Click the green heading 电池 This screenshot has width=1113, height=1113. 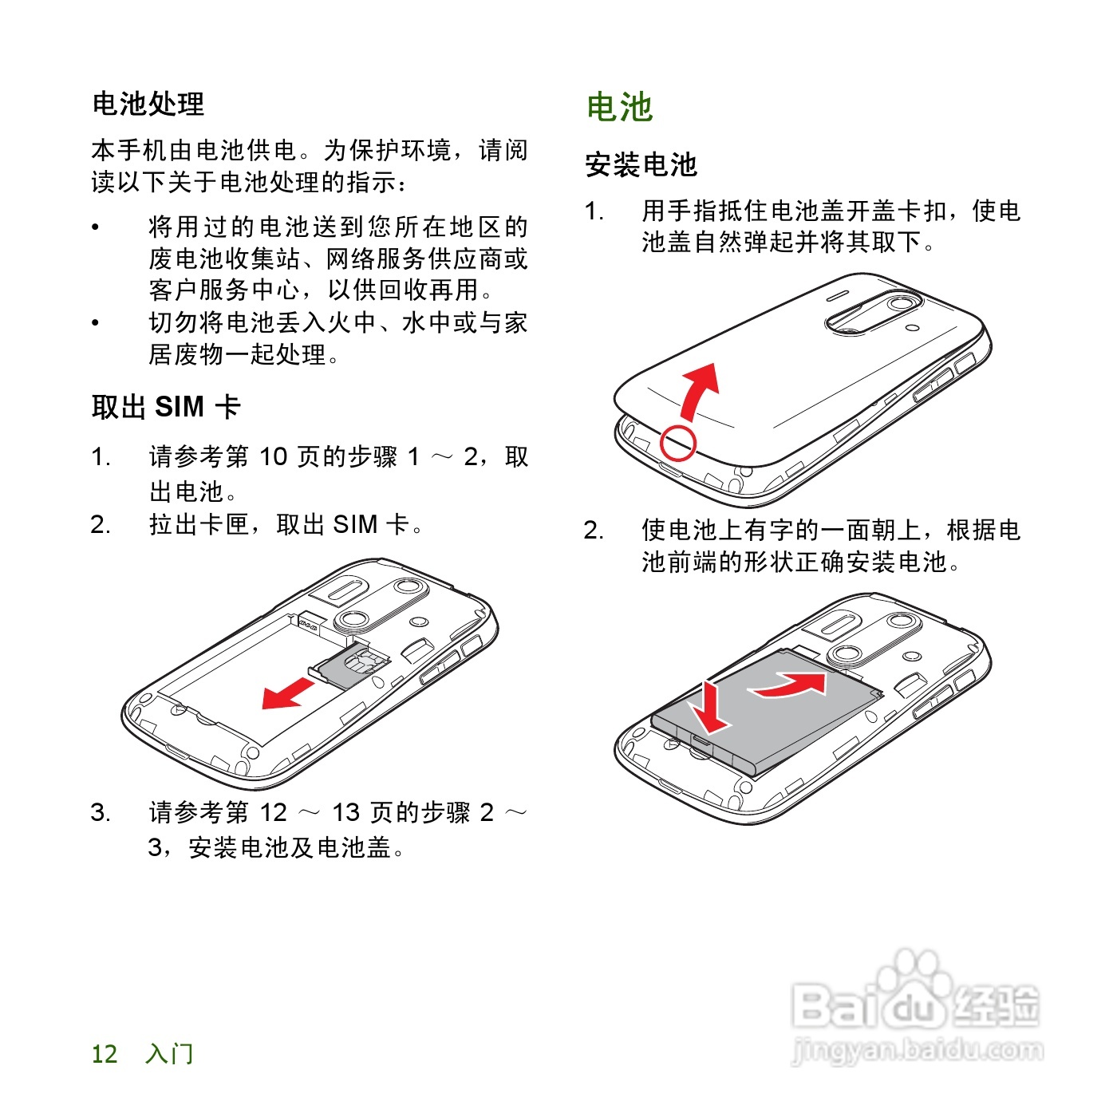[620, 108]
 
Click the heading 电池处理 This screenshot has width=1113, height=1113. [148, 104]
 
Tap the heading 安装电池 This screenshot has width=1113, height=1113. [641, 165]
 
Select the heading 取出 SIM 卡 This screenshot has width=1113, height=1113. [166, 407]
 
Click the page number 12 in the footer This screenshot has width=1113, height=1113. [105, 1054]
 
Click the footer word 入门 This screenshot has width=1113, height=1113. [169, 1054]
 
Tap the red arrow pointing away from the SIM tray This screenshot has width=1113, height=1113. [286, 693]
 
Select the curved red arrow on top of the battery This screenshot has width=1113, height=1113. [790, 685]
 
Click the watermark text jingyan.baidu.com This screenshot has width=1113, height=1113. [918, 1051]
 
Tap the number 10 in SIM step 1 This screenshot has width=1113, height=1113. [273, 457]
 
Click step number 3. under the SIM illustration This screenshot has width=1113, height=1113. [101, 813]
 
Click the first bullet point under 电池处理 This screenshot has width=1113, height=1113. [96, 228]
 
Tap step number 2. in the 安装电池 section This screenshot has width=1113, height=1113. [594, 530]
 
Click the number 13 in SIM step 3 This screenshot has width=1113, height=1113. [345, 813]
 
